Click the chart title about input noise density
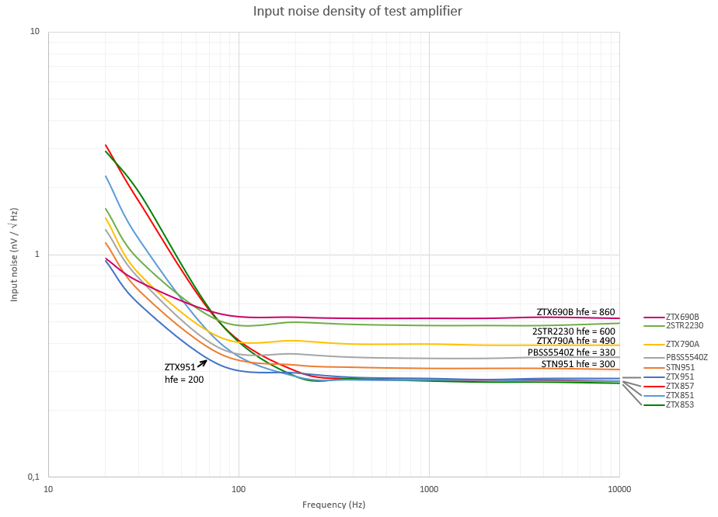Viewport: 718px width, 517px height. point(358,12)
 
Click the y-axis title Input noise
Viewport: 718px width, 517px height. point(14,255)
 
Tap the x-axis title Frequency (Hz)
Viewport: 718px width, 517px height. point(333,505)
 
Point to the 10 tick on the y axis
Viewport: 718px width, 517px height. point(34,32)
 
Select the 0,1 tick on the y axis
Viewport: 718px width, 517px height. point(33,477)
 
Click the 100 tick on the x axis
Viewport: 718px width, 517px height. point(239,489)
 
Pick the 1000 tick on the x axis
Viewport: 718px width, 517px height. point(429,489)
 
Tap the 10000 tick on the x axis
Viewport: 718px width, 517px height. point(619,489)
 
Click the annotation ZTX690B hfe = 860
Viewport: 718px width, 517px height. point(576,312)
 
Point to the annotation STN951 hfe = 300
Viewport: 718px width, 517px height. point(578,364)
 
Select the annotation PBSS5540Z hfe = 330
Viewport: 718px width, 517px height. point(571,352)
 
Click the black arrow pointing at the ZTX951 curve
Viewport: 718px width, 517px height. point(201,363)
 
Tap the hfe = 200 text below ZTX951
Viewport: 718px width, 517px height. point(184,380)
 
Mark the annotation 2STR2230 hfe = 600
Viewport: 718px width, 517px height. point(573,331)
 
